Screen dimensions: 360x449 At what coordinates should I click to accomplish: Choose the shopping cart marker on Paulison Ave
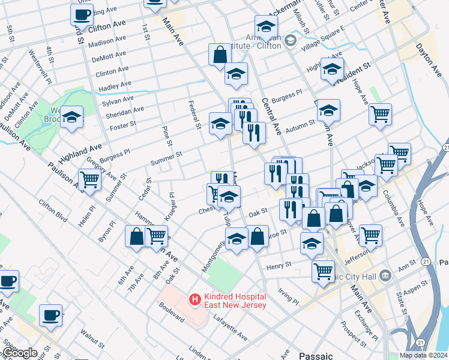(89, 179)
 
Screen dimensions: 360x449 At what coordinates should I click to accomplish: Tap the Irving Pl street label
(288, 296)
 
